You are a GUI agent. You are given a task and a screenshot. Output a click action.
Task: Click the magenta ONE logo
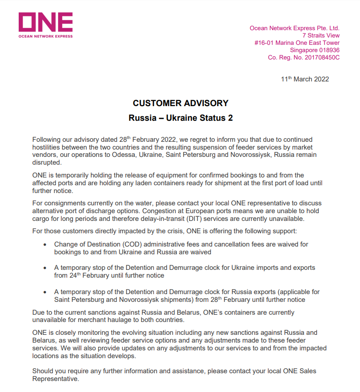click(x=45, y=22)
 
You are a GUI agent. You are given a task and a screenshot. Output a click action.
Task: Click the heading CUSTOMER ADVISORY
click(x=180, y=103)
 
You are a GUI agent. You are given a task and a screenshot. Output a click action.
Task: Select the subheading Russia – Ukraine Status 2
click(x=180, y=118)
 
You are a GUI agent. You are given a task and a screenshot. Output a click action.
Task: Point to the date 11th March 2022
click(x=305, y=79)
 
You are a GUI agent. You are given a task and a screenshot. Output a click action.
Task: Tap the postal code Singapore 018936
click(x=315, y=50)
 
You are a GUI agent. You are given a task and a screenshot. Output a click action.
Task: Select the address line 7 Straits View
click(x=321, y=36)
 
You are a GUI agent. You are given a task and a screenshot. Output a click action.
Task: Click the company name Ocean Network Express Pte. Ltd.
click(x=295, y=28)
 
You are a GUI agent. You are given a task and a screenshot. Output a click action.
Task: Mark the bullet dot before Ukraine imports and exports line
click(x=45, y=268)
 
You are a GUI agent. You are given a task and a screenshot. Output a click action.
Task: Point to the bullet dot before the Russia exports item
click(x=45, y=292)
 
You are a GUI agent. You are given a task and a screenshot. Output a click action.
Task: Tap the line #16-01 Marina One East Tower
click(x=297, y=43)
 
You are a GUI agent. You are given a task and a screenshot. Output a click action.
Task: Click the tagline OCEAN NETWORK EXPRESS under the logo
click(x=45, y=36)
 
